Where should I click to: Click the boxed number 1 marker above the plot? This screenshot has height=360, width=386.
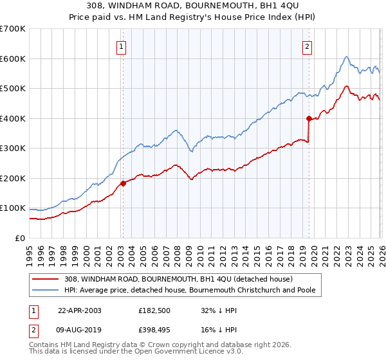pos(122,46)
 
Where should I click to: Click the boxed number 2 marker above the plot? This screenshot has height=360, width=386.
pos(308,46)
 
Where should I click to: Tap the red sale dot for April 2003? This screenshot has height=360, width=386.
pos(123,183)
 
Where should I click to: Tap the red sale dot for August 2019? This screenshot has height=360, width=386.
pos(309,118)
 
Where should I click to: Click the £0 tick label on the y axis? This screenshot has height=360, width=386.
pos(19,239)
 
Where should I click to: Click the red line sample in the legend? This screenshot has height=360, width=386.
pos(46,279)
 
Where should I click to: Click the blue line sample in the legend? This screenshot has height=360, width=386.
pos(46,291)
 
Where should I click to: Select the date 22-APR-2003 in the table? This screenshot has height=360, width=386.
pos(80,310)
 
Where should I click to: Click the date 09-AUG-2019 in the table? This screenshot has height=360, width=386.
pos(80,330)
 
